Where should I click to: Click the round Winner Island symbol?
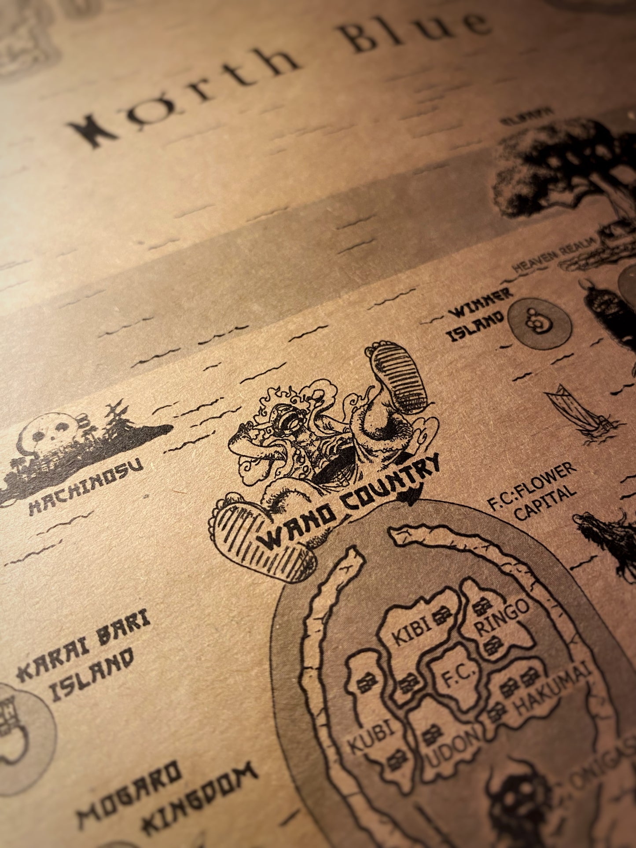click(x=539, y=323)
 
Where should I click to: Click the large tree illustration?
click(x=563, y=176)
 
